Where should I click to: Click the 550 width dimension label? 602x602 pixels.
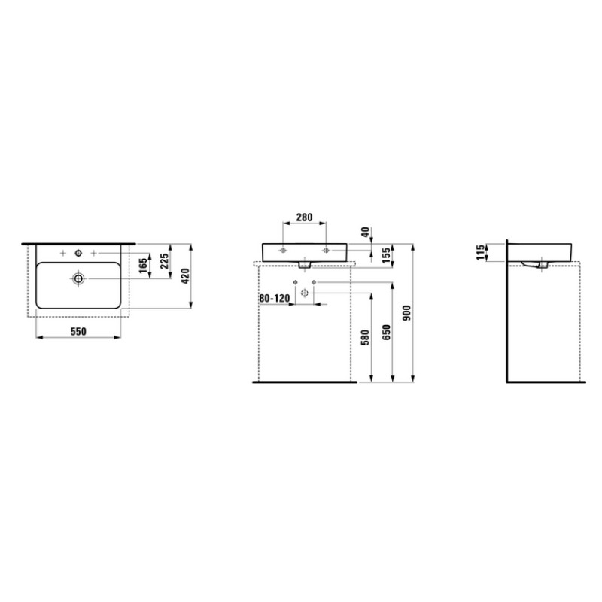pyautogui.click(x=78, y=331)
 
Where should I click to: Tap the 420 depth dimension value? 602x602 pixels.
pyautogui.click(x=185, y=276)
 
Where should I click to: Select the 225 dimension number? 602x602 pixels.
pyautogui.click(x=164, y=261)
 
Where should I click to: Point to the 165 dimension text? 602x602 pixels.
pyautogui.click(x=143, y=266)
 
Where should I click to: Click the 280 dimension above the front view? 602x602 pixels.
pyautogui.click(x=305, y=217)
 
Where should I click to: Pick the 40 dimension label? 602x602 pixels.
pyautogui.click(x=365, y=232)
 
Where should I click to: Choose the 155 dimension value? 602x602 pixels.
pyautogui.click(x=386, y=255)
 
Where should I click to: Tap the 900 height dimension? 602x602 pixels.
pyautogui.click(x=407, y=313)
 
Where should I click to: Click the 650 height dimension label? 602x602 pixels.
pyautogui.click(x=386, y=332)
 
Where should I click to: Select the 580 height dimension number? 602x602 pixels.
pyautogui.click(x=365, y=337)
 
